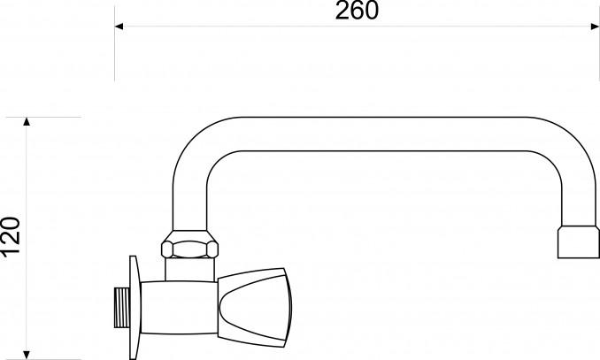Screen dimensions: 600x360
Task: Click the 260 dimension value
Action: point(357,11)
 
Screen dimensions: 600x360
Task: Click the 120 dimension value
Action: point(12,236)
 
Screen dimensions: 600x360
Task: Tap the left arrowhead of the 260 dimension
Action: point(119,27)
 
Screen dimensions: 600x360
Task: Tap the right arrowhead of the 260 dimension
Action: point(595,27)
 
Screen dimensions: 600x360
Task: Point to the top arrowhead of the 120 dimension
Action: point(27,122)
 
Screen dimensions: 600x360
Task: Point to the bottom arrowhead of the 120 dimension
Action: point(27,355)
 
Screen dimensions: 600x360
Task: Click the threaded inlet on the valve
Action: point(122,308)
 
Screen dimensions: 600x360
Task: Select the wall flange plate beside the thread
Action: point(135,308)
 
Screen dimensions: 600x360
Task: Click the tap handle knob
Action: point(255,308)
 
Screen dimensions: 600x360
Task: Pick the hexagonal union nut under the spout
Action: point(189,244)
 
